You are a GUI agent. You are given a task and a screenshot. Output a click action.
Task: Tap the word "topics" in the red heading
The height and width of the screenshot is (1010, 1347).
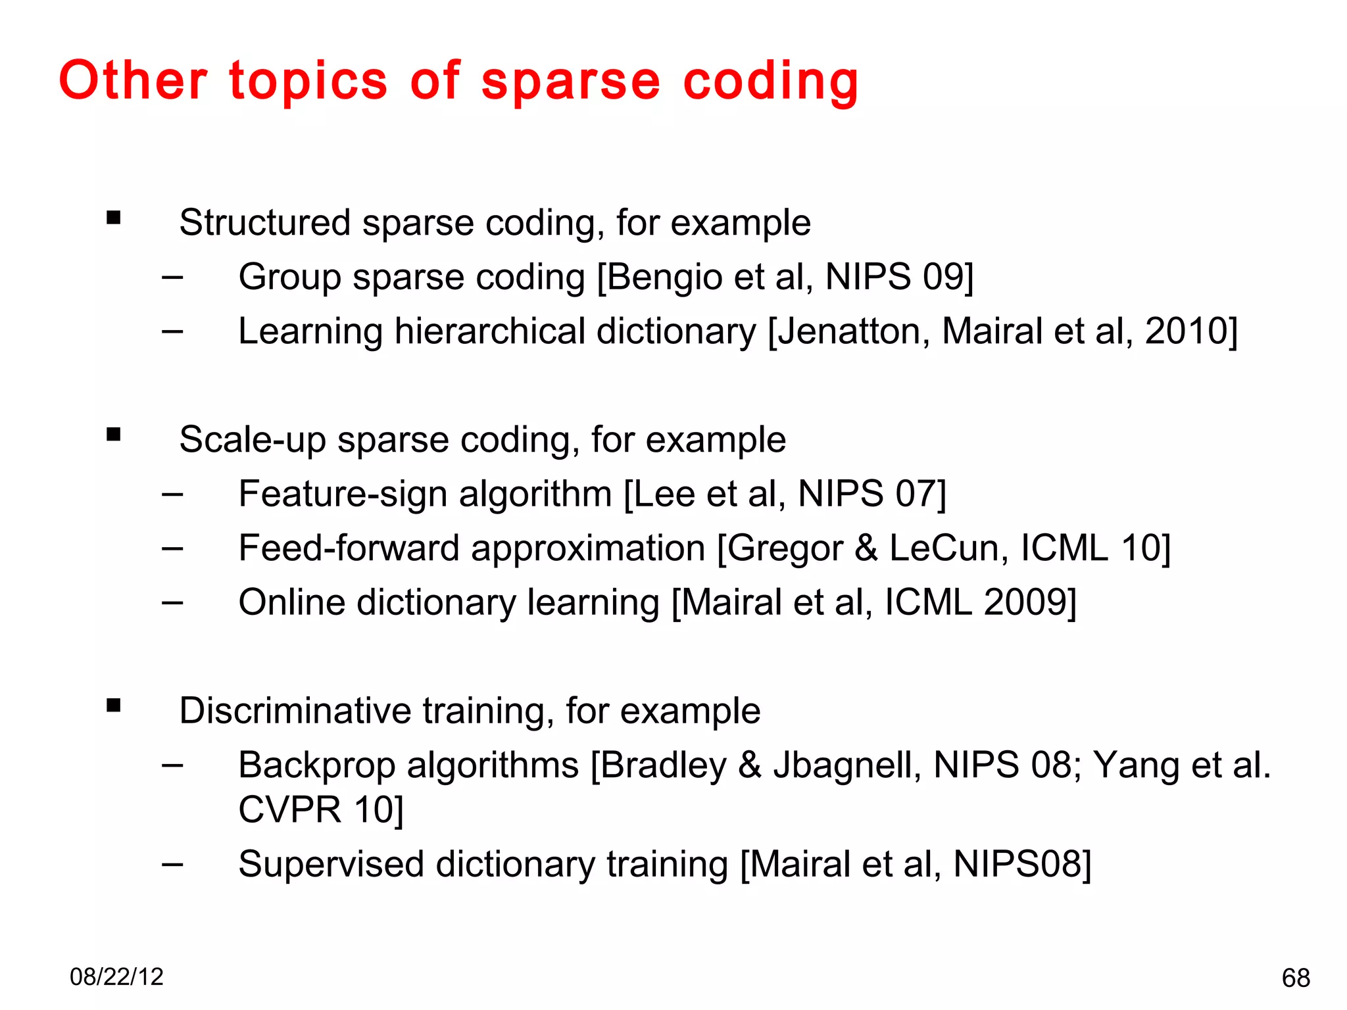coord(308,82)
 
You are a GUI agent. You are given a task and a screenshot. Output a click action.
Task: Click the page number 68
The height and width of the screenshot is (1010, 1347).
coord(1296,978)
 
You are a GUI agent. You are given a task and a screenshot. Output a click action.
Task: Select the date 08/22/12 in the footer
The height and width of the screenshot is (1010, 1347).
coord(116,976)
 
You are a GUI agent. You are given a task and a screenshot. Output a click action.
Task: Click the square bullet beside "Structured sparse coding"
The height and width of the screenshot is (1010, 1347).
coord(114,218)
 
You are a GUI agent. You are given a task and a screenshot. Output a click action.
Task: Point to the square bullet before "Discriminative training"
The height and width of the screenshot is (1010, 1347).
coord(114,706)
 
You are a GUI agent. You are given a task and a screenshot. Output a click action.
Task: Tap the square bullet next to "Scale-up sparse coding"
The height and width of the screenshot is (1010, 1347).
coord(114,434)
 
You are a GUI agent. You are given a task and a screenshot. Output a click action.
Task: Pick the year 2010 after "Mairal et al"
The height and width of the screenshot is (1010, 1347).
coord(1187,331)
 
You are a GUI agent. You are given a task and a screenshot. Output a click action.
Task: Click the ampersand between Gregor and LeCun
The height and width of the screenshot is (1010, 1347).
coord(866,548)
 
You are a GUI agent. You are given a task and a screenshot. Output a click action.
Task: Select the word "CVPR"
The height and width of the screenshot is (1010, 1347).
coord(290,809)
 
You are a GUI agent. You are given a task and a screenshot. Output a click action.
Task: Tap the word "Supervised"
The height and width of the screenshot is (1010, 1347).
coord(331,864)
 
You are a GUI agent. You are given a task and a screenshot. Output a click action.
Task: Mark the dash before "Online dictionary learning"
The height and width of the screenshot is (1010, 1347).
coord(172,602)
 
